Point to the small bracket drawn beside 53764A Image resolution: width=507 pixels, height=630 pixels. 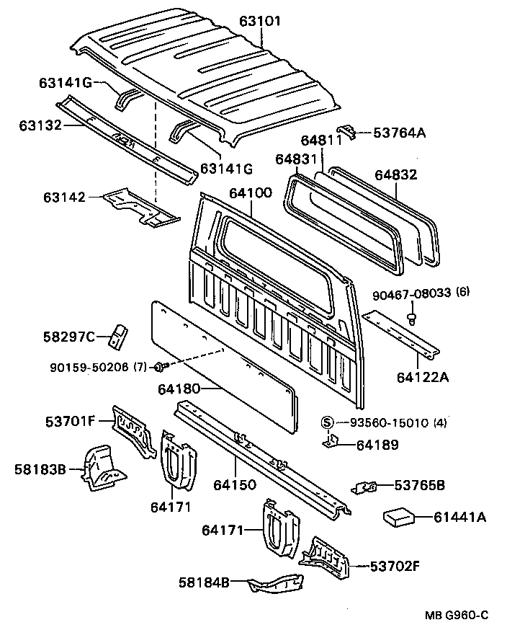pyautogui.click(x=347, y=132)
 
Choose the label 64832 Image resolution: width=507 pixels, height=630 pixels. pyautogui.click(x=395, y=175)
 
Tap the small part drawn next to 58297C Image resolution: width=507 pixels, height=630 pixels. pyautogui.click(x=119, y=334)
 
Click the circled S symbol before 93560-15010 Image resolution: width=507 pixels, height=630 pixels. pyautogui.click(x=326, y=422)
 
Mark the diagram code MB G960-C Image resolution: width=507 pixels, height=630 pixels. pyautogui.click(x=457, y=614)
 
